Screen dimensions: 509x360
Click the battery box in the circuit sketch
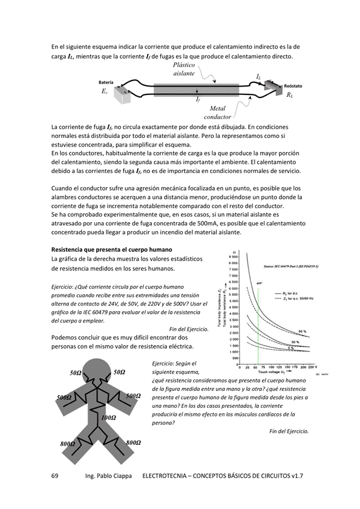tap(124, 95)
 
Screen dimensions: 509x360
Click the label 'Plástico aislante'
tap(184, 68)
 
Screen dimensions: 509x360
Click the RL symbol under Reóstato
tap(290, 95)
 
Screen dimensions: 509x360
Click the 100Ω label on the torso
tap(109, 418)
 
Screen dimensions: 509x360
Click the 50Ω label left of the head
tap(76, 373)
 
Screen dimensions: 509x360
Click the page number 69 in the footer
tap(55, 476)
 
